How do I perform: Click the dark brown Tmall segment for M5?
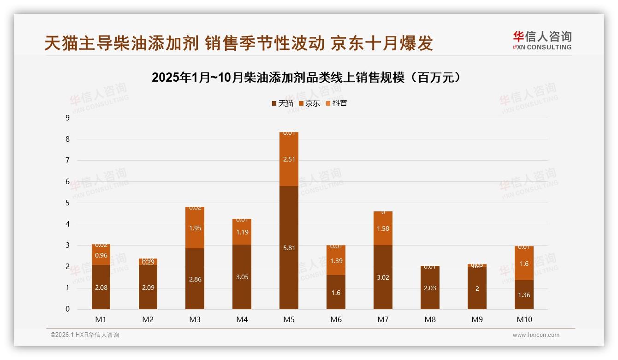pyautogui.click(x=289, y=247)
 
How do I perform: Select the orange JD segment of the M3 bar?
pyautogui.click(x=195, y=228)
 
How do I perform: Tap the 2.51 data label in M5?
pyautogui.click(x=289, y=159)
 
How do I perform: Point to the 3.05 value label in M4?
pyautogui.click(x=242, y=277)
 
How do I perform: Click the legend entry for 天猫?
pyautogui.click(x=282, y=103)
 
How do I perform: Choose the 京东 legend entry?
pyautogui.click(x=309, y=103)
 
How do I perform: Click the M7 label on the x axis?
pyautogui.click(x=383, y=319)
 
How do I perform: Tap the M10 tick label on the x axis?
pyautogui.click(x=524, y=319)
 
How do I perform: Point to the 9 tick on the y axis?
pyautogui.click(x=68, y=118)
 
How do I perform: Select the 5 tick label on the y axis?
pyautogui.click(x=68, y=203)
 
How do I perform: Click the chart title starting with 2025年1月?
pyautogui.click(x=306, y=78)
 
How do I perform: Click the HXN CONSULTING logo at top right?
pyautogui.click(x=542, y=41)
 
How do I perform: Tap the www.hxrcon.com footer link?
pyautogui.click(x=536, y=335)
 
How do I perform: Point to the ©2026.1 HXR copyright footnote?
pyautogui.click(x=85, y=335)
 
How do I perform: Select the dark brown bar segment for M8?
pyautogui.click(x=430, y=288)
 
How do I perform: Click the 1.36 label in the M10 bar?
pyautogui.click(x=524, y=295)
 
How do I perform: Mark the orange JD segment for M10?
pyautogui.click(x=524, y=264)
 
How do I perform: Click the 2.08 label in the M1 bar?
pyautogui.click(x=101, y=288)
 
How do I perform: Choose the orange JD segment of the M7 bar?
pyautogui.click(x=383, y=228)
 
